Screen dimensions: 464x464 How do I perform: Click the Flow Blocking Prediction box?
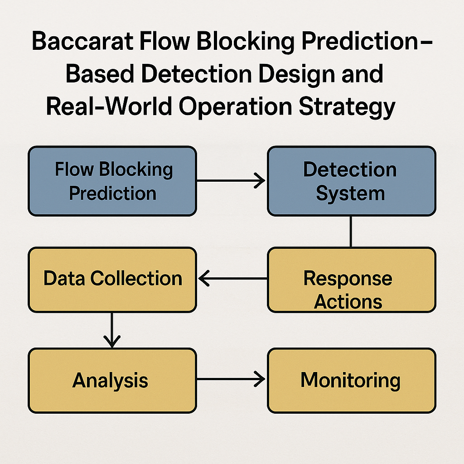[x=112, y=181]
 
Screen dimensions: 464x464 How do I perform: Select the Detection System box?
[x=352, y=181]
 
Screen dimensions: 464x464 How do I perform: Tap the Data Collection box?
[x=112, y=280]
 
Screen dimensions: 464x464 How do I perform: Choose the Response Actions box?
[x=352, y=280]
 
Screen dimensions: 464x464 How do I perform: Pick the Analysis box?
[x=112, y=381]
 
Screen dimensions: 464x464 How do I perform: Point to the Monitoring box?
[x=352, y=381]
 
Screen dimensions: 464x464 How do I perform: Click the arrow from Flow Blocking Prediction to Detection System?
[x=231, y=180]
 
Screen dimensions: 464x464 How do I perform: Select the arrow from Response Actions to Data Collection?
[x=232, y=278]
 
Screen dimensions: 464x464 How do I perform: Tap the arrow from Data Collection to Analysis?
[x=112, y=330]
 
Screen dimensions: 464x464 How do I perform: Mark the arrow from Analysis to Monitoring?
[x=231, y=379]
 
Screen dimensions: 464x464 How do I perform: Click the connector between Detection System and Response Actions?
[x=351, y=232]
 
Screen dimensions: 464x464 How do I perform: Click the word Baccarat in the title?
[x=83, y=41]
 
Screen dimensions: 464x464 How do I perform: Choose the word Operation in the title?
[x=235, y=107]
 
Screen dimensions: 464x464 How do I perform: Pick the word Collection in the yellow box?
[x=136, y=278]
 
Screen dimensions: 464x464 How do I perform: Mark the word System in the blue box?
[x=350, y=194]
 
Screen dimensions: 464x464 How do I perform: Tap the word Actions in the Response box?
[x=348, y=302]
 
